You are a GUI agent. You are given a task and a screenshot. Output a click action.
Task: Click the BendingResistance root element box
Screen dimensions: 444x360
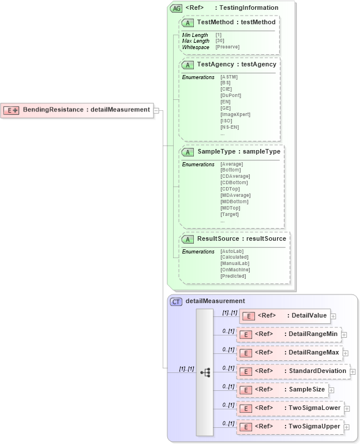click(78, 110)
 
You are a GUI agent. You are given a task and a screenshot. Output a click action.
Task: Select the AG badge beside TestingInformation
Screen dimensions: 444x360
click(176, 8)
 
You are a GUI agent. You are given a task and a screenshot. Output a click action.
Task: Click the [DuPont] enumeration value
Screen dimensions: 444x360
click(231, 95)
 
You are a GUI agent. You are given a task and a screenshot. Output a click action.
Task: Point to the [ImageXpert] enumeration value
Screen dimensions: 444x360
click(235, 114)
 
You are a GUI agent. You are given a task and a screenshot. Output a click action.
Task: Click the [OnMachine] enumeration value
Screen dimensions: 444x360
click(235, 270)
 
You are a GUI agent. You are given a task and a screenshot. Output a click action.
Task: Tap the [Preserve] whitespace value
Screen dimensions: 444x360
click(227, 47)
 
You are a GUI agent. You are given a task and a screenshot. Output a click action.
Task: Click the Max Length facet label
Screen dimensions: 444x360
click(196, 41)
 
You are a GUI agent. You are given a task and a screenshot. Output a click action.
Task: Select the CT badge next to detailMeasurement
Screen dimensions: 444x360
click(176, 301)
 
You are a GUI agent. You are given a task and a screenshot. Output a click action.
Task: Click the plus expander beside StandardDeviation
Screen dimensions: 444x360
click(352, 372)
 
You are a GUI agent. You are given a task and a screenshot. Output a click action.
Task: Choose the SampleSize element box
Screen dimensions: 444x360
click(282, 390)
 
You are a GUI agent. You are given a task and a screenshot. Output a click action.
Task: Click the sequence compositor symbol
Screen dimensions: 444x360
click(205, 372)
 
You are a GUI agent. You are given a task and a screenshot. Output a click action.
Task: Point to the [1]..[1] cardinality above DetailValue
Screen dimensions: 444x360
click(230, 312)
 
